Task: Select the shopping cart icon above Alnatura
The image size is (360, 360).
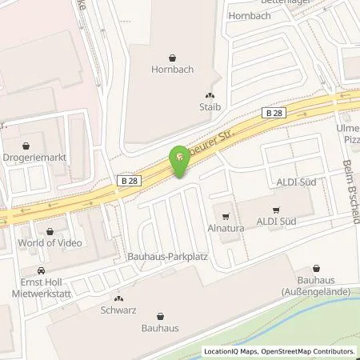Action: coord(226,214)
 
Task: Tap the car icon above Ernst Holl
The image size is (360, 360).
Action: coord(41,271)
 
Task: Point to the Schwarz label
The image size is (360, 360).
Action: coord(118,307)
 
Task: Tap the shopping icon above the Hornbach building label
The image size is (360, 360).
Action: coord(173,58)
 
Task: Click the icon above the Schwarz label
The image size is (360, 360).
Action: coord(118,296)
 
